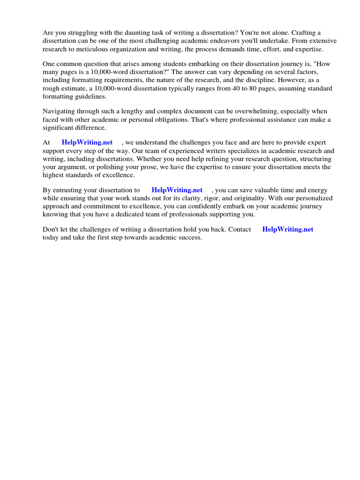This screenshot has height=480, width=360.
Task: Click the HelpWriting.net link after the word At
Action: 87,142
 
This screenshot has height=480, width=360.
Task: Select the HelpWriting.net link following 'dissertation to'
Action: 177,190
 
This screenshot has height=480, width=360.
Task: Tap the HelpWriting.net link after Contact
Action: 287,230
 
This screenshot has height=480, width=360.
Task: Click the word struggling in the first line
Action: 82,33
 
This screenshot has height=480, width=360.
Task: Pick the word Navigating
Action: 59,111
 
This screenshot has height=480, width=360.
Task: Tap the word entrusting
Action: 69,190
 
